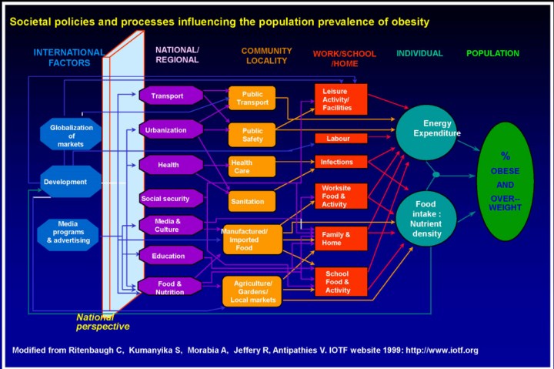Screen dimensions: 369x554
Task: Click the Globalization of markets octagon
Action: tap(71, 136)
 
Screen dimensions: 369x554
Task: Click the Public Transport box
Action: tap(252, 99)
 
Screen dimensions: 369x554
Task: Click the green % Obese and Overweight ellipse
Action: tap(505, 181)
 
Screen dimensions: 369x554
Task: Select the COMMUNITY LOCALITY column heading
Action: tap(266, 55)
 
